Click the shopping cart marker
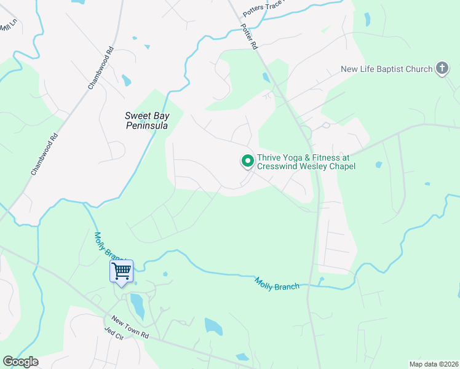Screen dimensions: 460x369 pyautogui.click(x=121, y=271)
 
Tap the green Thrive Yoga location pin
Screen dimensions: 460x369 pyautogui.click(x=248, y=161)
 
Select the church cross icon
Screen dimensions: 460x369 pyautogui.click(x=442, y=68)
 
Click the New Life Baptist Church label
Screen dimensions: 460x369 pyautogui.click(x=387, y=69)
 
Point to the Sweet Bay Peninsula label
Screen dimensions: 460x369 pyautogui.click(x=146, y=120)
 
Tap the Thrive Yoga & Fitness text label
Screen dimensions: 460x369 pyautogui.click(x=306, y=162)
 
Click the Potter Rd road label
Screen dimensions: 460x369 pyautogui.click(x=250, y=37)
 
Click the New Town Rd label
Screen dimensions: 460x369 pyautogui.click(x=130, y=327)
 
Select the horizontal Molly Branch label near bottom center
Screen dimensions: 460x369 pyautogui.click(x=277, y=284)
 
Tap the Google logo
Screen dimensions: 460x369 pyautogui.click(x=20, y=362)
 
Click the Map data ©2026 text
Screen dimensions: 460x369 pyautogui.click(x=434, y=363)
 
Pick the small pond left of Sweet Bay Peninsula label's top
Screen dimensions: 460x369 pyautogui.click(x=127, y=80)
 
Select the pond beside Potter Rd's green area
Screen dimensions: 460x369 pyautogui.click(x=266, y=77)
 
